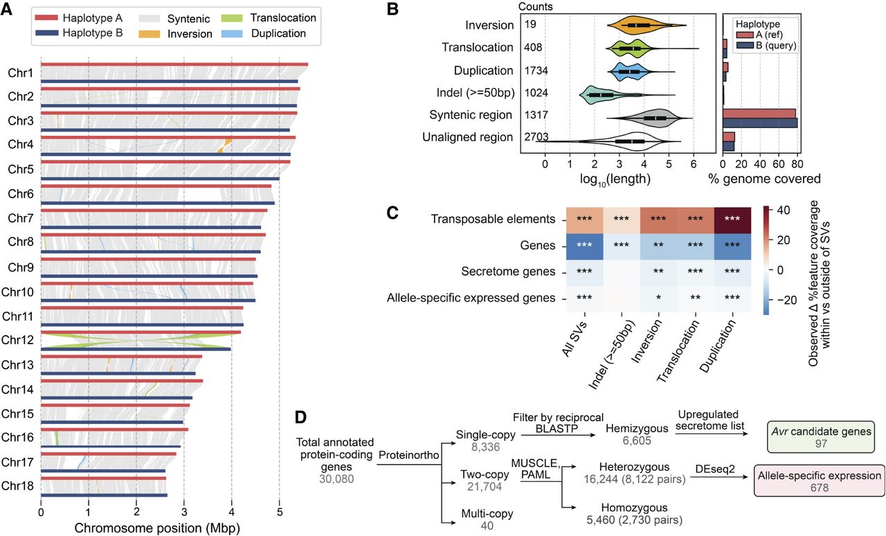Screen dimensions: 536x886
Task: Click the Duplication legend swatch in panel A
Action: pos(237,33)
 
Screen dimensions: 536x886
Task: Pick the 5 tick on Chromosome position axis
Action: pos(279,515)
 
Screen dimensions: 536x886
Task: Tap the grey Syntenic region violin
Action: pos(655,118)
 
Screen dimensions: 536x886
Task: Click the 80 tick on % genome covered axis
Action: pos(796,166)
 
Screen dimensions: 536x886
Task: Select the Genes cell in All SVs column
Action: pos(585,245)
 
